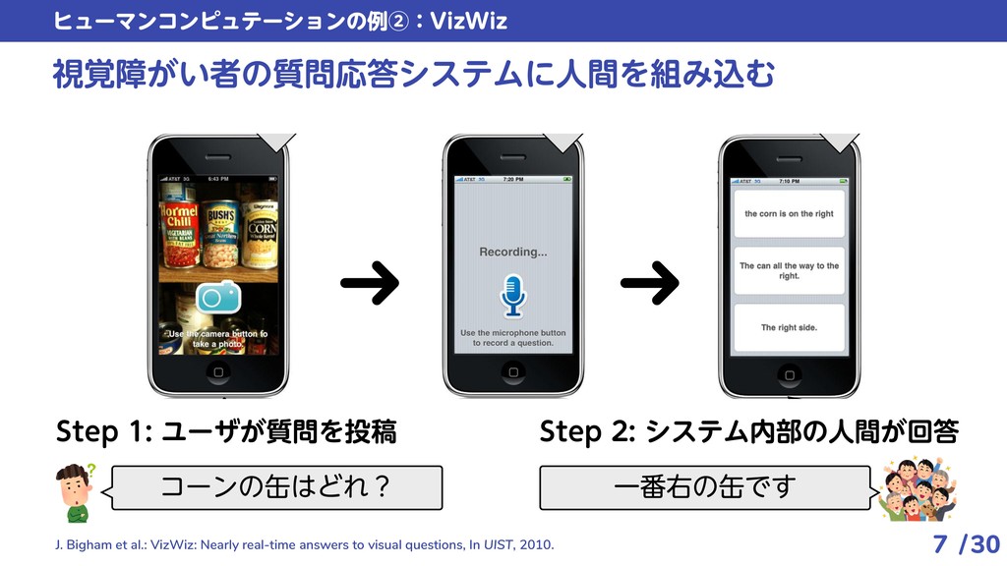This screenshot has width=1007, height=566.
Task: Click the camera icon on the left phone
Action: (218, 296)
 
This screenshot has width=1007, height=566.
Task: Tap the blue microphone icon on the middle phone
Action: (513, 295)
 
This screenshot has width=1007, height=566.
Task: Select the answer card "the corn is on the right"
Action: (789, 213)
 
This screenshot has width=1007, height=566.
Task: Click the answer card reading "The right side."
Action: (789, 327)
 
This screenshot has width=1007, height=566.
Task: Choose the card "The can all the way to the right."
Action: (789, 270)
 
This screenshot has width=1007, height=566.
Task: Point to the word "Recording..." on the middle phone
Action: (513, 252)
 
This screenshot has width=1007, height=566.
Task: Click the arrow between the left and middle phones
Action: (370, 284)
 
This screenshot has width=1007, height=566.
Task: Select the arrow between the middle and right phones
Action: (650, 284)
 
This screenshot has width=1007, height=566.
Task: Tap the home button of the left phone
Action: (218, 373)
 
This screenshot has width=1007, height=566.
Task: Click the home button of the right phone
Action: (789, 373)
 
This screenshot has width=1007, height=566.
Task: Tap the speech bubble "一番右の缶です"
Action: (704, 487)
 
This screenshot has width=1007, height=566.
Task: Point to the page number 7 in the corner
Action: (940, 543)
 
